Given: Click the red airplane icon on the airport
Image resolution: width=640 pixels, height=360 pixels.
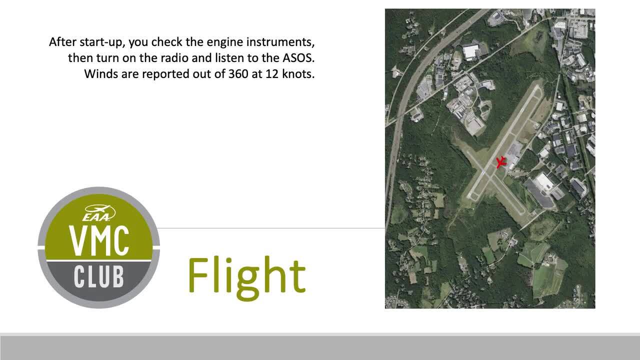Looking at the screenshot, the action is point(500,162).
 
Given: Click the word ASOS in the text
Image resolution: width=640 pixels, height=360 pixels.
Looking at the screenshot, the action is point(298,58).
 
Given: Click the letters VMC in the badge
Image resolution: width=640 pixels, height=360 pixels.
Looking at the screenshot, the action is point(98,240).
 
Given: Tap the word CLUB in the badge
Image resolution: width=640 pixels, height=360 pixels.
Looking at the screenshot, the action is point(99,276).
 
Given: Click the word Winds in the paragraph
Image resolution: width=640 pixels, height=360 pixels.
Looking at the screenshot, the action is point(101,74).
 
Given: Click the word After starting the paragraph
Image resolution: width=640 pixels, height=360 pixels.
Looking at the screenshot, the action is point(63,42).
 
